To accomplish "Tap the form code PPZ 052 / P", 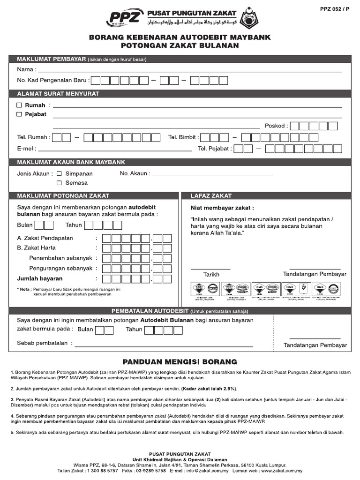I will pyautogui.click(x=336, y=8).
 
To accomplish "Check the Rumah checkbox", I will pyautogui.click(x=19, y=105).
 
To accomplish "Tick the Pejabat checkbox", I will pyautogui.click(x=19, y=114).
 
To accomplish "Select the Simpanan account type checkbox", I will pyautogui.click(x=59, y=173).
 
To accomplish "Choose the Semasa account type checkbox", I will pyautogui.click(x=59, y=183).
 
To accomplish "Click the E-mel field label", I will pyautogui.click(x=27, y=149).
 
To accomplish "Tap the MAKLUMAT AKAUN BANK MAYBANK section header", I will pyautogui.click(x=71, y=162).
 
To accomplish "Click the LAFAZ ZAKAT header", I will pyautogui.click(x=211, y=195).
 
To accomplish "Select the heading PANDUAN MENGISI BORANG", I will pyautogui.click(x=180, y=362).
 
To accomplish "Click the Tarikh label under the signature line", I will pyautogui.click(x=211, y=275).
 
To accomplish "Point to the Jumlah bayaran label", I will pyautogui.click(x=40, y=278).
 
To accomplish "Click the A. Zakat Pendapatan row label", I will pyautogui.click(x=45, y=238).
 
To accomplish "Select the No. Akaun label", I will pyautogui.click(x=135, y=173).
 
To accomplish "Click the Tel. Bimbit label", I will pyautogui.click(x=183, y=137).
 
